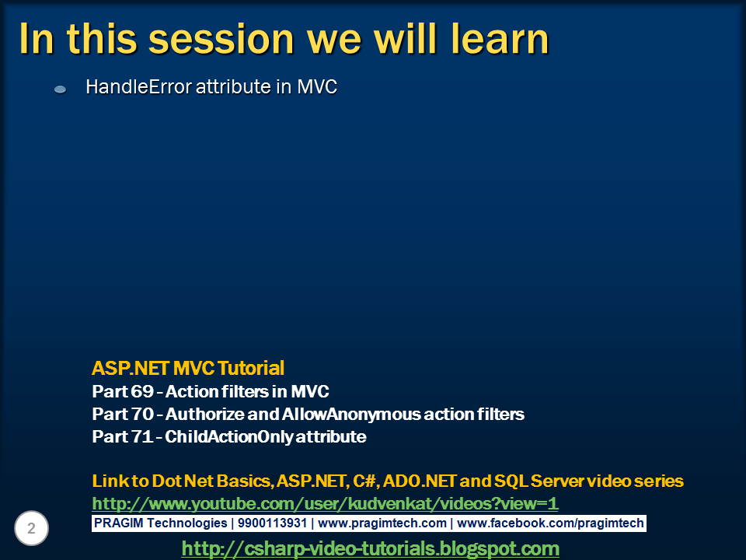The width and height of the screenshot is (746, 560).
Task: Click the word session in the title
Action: tap(221, 39)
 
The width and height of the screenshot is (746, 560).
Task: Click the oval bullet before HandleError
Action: tap(61, 89)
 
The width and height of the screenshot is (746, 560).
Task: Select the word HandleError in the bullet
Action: tap(139, 86)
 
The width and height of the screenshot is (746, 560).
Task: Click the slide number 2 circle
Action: tap(31, 528)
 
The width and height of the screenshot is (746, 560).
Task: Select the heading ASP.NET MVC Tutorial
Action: tap(188, 368)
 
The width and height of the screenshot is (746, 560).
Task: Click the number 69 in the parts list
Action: tap(141, 391)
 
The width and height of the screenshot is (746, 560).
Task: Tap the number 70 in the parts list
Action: tap(142, 414)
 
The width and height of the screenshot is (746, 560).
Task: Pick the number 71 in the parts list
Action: tap(141, 436)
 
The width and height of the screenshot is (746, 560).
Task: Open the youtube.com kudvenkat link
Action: tap(325, 503)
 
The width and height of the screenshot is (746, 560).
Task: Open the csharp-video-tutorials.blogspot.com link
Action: tap(371, 548)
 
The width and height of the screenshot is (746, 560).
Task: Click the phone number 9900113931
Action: tap(272, 523)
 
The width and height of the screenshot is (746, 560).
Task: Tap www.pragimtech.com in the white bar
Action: tap(382, 523)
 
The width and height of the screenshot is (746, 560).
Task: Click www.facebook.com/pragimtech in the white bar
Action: tap(550, 523)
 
